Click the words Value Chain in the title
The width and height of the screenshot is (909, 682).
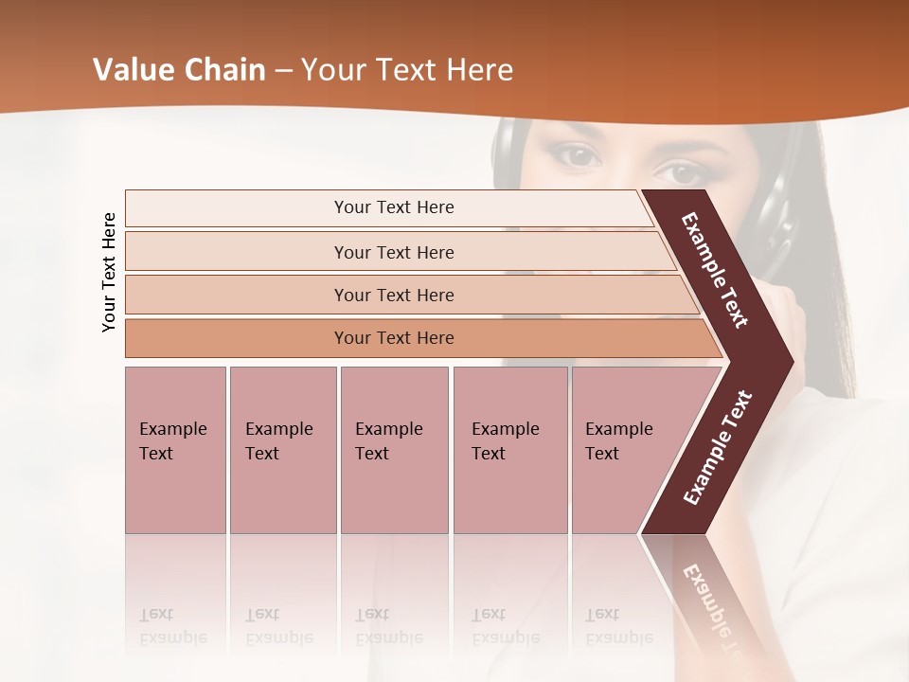pyautogui.click(x=179, y=70)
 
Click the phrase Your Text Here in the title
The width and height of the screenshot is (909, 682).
pyautogui.click(x=406, y=70)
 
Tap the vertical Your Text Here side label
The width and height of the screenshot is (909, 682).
pyautogui.click(x=109, y=272)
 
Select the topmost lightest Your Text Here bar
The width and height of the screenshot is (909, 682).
pyautogui.click(x=393, y=207)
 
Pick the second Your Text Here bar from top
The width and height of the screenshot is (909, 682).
pyautogui.click(x=394, y=252)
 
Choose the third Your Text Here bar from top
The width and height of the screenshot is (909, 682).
pyautogui.click(x=394, y=295)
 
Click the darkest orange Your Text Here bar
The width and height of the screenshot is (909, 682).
pyautogui.click(x=394, y=338)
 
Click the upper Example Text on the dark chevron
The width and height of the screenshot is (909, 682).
pyautogui.click(x=715, y=270)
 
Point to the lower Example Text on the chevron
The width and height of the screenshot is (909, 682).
pyautogui.click(x=718, y=447)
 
